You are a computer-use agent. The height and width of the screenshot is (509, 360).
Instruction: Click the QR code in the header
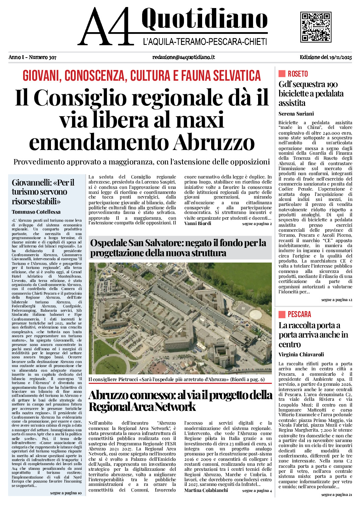click(x=315, y=27)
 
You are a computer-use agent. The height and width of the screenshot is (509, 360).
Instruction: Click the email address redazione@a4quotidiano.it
click(x=183, y=57)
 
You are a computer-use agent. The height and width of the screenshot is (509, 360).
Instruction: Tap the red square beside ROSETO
click(x=282, y=74)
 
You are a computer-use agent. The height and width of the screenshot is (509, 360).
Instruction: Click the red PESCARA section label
click(x=299, y=314)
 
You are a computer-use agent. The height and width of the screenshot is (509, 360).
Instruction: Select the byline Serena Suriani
click(x=296, y=114)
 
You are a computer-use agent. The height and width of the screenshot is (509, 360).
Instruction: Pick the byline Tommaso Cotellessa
click(x=36, y=212)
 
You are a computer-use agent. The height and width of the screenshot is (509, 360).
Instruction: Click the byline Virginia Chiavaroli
click(x=301, y=354)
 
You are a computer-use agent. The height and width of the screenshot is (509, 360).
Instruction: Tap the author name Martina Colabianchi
click(x=206, y=490)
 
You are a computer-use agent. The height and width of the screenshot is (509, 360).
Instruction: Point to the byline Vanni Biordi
click(x=198, y=223)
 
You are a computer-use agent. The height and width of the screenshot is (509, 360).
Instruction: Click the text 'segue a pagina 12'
click(x=337, y=300)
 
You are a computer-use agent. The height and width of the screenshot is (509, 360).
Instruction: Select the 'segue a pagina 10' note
click(x=66, y=493)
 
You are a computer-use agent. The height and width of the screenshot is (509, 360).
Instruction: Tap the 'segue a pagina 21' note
click(x=337, y=495)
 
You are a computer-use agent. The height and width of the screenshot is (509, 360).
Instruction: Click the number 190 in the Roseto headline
click(x=332, y=84)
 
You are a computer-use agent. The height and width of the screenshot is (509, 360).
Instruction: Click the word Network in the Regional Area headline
click(x=176, y=407)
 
